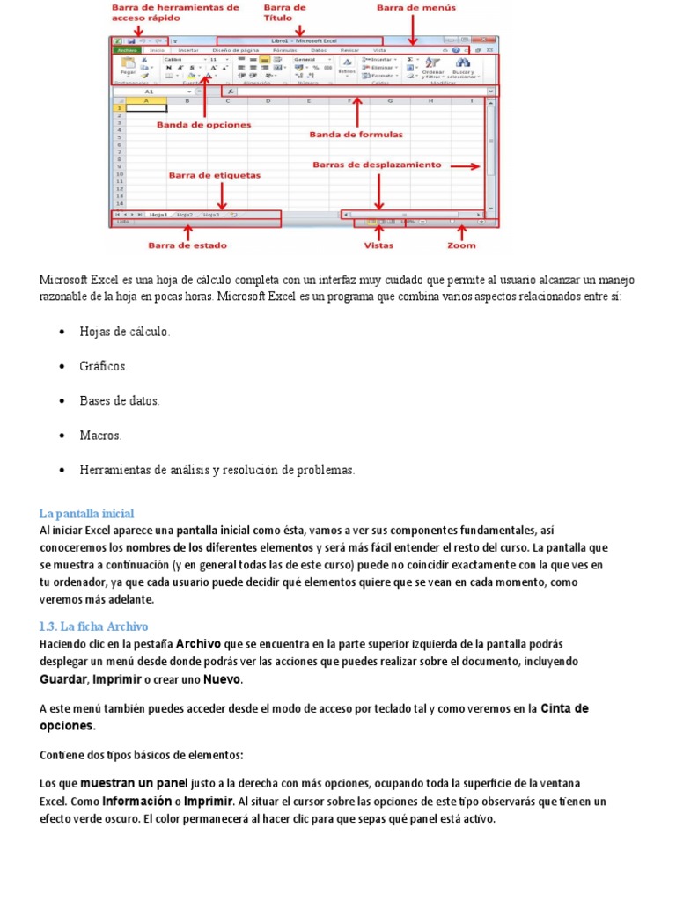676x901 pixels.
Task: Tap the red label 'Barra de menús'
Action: [417, 8]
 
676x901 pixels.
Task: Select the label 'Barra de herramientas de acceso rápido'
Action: [175, 12]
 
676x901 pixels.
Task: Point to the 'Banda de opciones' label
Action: [203, 125]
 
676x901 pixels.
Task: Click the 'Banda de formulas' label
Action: [356, 135]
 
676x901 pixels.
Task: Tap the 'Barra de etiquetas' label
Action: [214, 175]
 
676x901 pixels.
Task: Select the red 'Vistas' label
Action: [378, 245]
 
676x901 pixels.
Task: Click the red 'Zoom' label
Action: [460, 245]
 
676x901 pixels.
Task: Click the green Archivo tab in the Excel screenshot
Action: [128, 51]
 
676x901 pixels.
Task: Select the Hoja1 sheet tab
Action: [158, 214]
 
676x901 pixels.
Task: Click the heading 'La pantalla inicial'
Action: [86, 513]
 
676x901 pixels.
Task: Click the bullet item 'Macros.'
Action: [100, 436]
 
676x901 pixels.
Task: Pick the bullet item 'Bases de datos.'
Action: [120, 400]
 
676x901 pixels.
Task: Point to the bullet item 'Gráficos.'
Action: [103, 365]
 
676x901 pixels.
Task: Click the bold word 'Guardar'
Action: [62, 680]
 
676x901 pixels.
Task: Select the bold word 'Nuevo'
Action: [222, 680]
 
